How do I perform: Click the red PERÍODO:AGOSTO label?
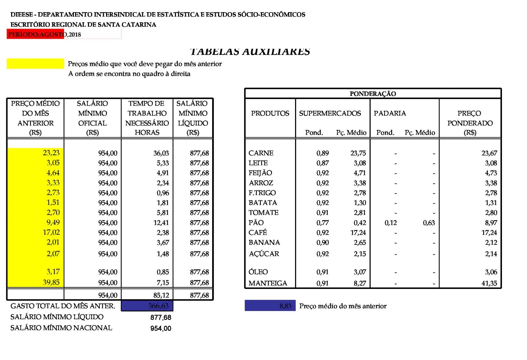(x=36, y=34)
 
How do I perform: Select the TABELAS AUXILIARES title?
(x=250, y=52)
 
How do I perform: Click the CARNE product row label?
(x=261, y=153)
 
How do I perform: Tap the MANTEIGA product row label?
(x=268, y=283)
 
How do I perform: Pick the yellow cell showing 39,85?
(x=51, y=282)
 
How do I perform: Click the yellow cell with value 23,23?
(x=51, y=153)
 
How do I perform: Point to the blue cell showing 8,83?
(x=285, y=306)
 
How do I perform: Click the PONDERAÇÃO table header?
(x=373, y=94)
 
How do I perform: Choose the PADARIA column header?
(x=390, y=113)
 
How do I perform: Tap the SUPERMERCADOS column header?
(x=330, y=113)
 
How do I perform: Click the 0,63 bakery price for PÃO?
(x=429, y=223)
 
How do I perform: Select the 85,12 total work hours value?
(x=161, y=295)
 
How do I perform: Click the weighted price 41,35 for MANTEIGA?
(x=489, y=283)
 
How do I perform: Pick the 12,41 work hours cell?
(x=161, y=223)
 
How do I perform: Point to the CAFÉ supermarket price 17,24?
(x=358, y=233)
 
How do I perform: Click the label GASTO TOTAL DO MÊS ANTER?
(x=63, y=306)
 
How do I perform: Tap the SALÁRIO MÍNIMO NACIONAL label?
(x=61, y=328)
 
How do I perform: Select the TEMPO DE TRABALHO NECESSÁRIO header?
(x=147, y=118)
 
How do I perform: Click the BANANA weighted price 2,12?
(x=491, y=243)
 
